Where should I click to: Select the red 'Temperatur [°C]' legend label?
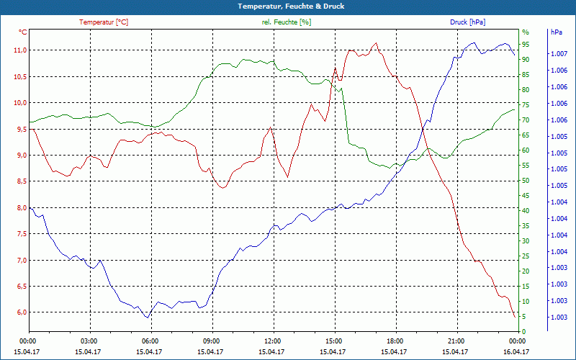(104, 22)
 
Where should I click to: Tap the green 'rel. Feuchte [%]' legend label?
(287, 22)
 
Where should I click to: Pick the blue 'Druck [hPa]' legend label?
(467, 22)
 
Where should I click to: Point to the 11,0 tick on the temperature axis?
(19, 50)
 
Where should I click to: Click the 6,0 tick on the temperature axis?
(19, 312)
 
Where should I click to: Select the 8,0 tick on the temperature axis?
(19, 208)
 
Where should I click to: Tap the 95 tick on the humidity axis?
(526, 45)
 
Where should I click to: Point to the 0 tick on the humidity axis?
(523, 332)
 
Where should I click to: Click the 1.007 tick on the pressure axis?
(558, 54)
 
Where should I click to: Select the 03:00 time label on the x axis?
(89, 341)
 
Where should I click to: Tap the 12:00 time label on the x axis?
(272, 341)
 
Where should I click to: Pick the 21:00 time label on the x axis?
(456, 341)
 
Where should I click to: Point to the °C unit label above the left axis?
(23, 32)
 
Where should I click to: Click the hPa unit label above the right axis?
(556, 32)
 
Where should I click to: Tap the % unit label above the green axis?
(525, 32)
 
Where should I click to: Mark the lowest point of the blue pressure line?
(147, 318)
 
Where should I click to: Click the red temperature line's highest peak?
(375, 43)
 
